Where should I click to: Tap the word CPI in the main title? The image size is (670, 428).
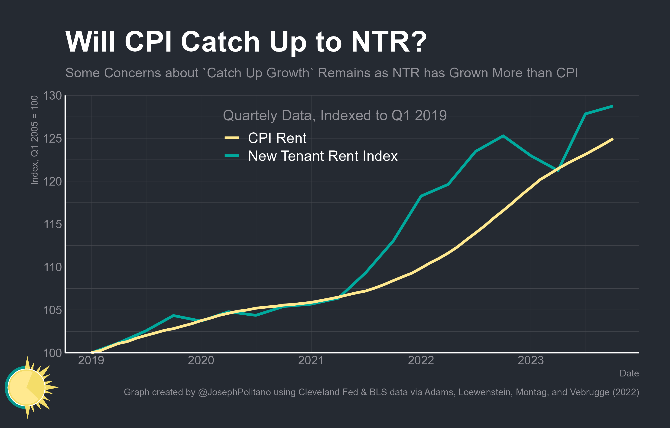(x=148, y=42)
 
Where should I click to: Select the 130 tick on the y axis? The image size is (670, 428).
(x=52, y=95)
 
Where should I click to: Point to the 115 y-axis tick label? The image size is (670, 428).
(x=52, y=224)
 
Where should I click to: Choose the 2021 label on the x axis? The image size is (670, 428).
(x=311, y=361)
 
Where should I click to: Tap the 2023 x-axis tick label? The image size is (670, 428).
(x=531, y=361)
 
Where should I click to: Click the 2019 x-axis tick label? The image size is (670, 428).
(x=91, y=361)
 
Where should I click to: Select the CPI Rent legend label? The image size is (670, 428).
(x=277, y=138)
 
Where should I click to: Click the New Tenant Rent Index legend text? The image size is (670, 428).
(x=323, y=156)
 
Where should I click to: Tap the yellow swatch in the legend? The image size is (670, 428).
(x=232, y=138)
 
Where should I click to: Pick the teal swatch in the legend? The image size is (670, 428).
(x=232, y=156)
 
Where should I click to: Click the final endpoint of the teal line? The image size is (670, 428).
(x=613, y=106)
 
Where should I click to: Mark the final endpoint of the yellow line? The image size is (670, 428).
(x=613, y=139)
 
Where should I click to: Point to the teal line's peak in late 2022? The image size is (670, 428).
(x=503, y=136)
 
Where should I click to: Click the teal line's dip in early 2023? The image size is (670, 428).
(x=558, y=170)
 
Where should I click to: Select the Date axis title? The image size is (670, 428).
(x=629, y=373)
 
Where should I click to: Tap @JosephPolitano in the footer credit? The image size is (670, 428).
(x=234, y=392)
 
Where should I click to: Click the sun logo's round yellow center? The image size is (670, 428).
(x=26, y=387)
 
